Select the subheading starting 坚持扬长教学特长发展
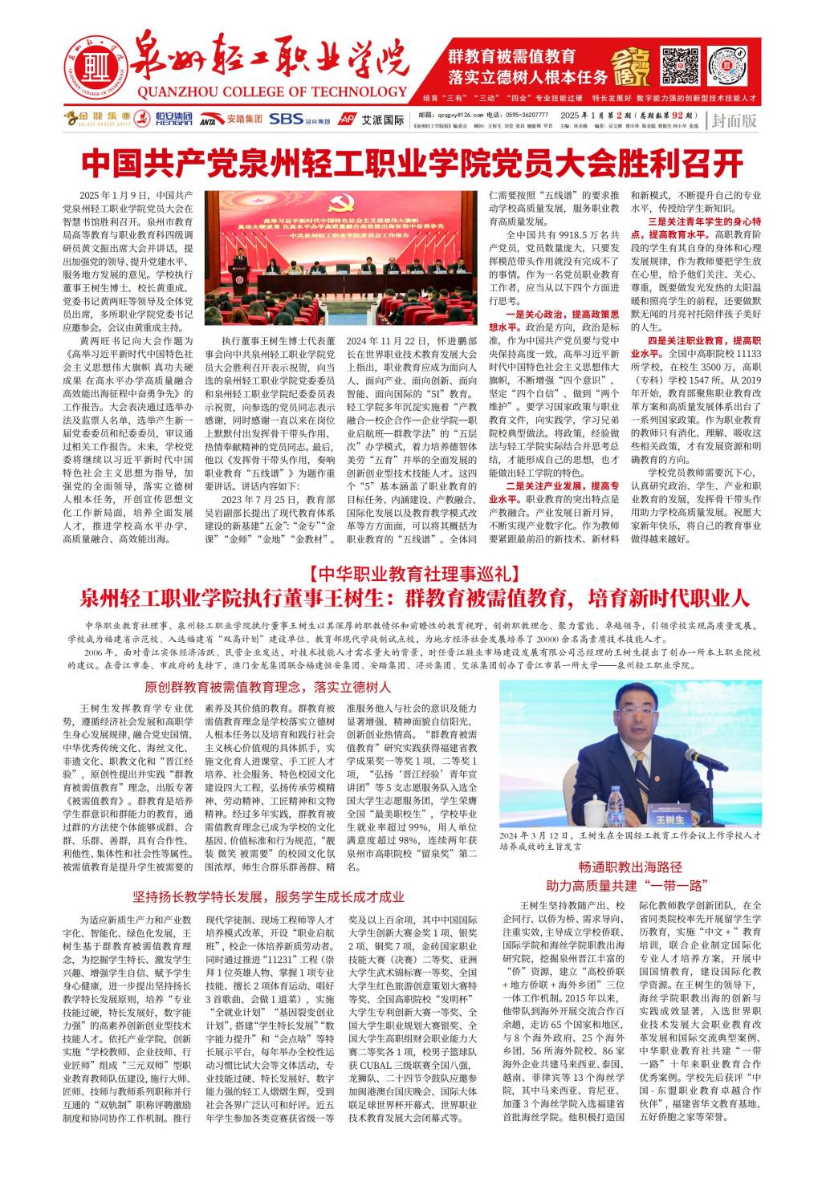pyautogui.click(x=268, y=896)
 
